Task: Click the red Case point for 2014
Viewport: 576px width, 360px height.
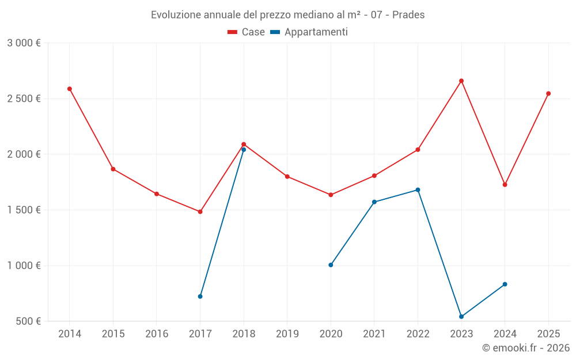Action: coord(70,89)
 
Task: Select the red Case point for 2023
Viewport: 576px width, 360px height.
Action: coord(461,81)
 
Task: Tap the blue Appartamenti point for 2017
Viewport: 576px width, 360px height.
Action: coord(200,297)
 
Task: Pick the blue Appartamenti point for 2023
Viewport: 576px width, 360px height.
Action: coord(461,317)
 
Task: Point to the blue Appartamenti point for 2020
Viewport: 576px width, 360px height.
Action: coord(331,265)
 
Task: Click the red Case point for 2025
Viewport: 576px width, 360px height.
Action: coord(548,93)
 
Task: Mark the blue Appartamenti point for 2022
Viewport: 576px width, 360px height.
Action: coord(418,190)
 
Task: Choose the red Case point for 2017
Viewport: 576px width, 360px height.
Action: coord(200,212)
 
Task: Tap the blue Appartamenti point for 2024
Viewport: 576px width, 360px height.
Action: coord(505,284)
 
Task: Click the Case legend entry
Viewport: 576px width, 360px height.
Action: coord(246,32)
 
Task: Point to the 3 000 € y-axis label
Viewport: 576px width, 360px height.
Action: coord(24,43)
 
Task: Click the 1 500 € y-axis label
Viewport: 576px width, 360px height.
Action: coord(24,210)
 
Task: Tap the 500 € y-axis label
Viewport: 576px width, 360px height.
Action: coord(27,321)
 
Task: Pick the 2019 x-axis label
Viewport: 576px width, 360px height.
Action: coord(287,334)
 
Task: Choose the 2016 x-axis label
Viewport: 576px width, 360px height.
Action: coord(157,334)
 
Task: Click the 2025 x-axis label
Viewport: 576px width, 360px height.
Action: coord(548,334)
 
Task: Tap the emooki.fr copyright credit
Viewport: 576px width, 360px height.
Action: coord(526,348)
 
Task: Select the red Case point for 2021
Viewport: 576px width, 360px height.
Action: coord(374,176)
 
